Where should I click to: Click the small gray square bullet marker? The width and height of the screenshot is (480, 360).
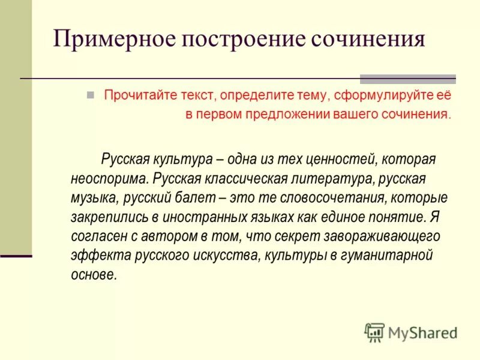coord(91,95)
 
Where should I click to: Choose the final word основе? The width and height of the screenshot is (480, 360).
coord(93,274)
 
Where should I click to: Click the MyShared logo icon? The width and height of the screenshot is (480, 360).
coord(374,332)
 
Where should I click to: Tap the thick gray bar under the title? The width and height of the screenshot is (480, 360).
coord(407,79)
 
